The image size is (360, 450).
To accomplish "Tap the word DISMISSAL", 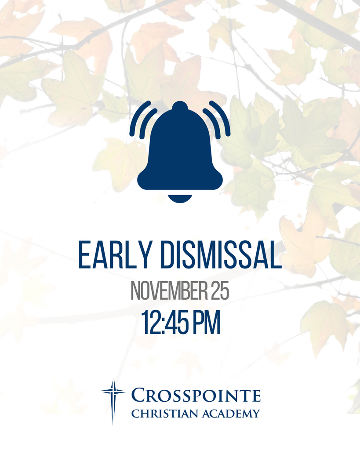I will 221,255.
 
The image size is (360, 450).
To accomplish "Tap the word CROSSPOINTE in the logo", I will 196,395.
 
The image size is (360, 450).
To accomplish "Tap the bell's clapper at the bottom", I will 180,198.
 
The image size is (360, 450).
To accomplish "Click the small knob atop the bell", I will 180,105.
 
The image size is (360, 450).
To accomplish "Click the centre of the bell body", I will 180,152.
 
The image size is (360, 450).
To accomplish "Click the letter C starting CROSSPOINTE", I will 139,396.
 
